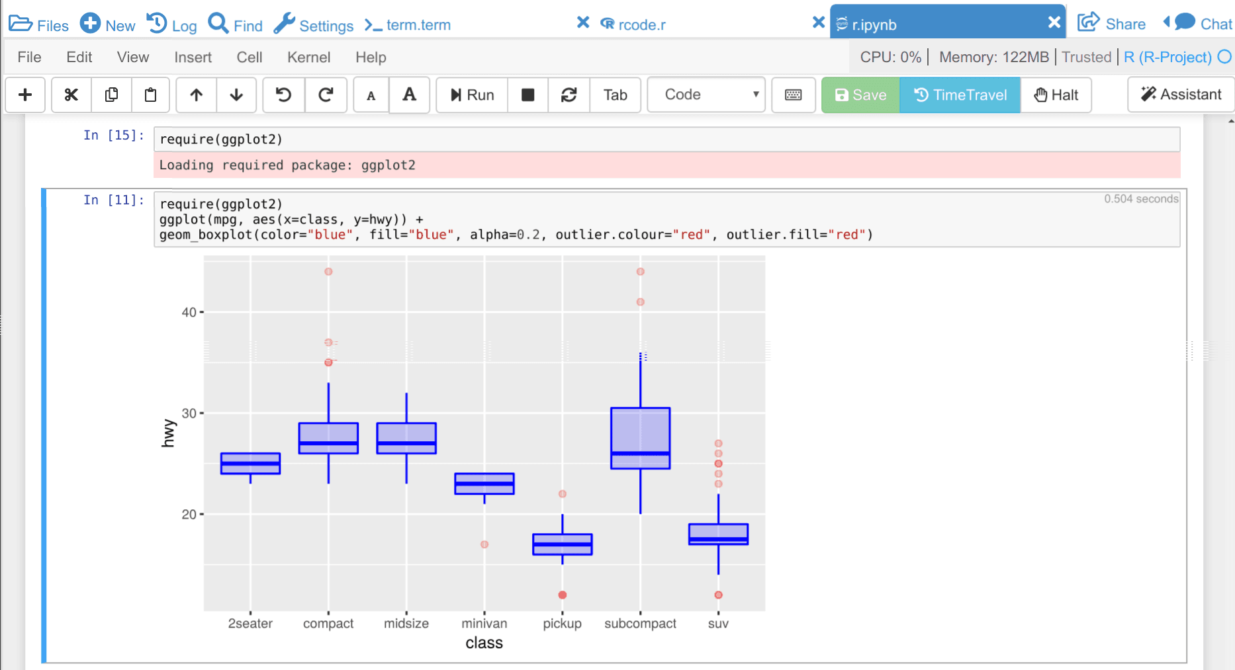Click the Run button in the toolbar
472,95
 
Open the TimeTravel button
960,95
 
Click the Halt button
1056,95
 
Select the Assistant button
1181,95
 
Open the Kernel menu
308,58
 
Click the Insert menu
193,58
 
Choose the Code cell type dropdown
706,95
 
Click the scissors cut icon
71,95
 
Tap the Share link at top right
1112,24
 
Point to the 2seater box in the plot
250,464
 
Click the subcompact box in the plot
640,438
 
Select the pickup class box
563,544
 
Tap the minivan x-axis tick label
484,624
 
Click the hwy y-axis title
168,433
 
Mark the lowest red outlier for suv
718,595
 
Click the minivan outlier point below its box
484,544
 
